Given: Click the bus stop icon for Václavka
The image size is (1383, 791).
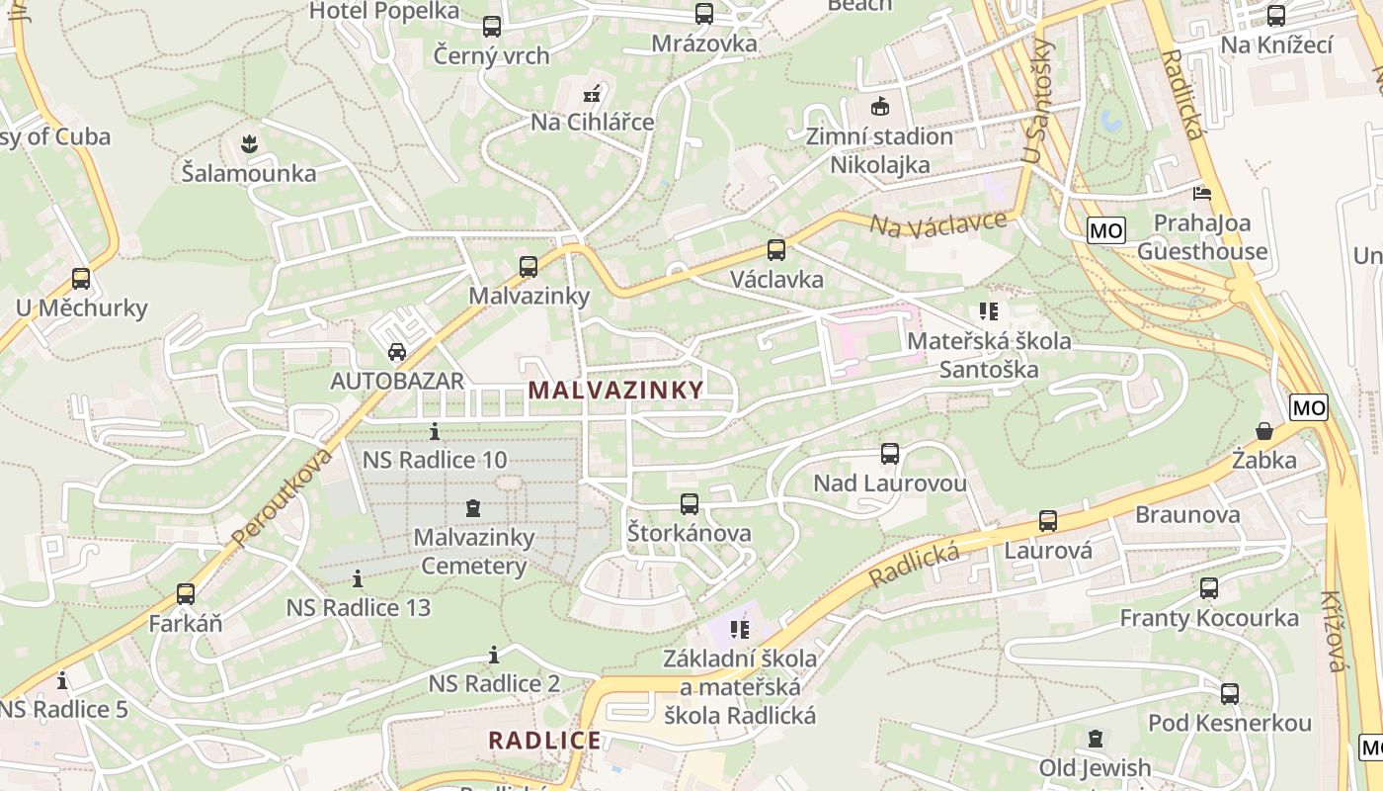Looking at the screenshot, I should click(776, 250).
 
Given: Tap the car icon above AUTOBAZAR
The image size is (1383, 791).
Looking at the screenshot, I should click(396, 351).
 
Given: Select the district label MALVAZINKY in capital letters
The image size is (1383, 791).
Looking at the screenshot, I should click(615, 390).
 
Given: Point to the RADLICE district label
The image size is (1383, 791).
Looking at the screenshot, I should click(544, 740).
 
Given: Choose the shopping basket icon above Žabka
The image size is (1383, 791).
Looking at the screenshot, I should click(1263, 431).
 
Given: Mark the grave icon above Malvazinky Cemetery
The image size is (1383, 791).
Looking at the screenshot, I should click(473, 508).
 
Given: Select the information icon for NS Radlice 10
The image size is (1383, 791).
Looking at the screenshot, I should click(435, 431).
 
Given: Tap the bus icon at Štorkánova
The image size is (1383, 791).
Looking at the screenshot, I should click(690, 504).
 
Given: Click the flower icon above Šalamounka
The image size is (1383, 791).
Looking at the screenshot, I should click(249, 144).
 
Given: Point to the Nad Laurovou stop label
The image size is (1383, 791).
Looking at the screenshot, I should click(889, 483).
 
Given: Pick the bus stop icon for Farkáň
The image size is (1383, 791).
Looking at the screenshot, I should click(186, 594).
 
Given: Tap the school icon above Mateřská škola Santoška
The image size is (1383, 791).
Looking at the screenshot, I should click(989, 311).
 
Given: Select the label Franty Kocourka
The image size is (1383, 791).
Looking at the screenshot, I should click(1208, 618).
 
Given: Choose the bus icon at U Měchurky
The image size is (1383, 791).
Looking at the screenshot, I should click(81, 279).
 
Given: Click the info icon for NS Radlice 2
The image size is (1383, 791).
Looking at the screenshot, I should click(494, 655).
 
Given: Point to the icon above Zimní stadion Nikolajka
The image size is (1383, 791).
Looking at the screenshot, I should click(879, 107).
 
